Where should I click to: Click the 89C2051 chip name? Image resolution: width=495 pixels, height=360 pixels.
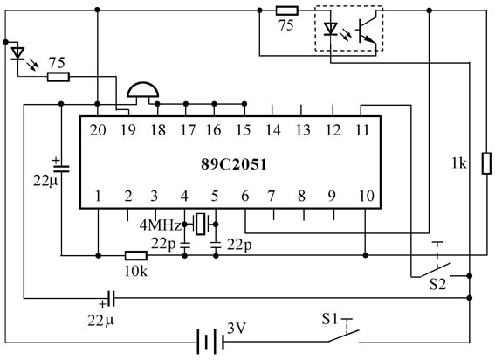[x=234, y=164]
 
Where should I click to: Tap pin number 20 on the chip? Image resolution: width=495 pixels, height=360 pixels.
[x=98, y=130]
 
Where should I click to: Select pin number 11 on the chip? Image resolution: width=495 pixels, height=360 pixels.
[x=361, y=130]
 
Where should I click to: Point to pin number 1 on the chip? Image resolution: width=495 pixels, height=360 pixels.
[x=98, y=197]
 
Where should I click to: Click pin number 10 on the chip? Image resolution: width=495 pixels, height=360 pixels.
[x=366, y=197]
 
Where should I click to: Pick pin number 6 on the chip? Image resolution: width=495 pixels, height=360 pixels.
[x=245, y=197]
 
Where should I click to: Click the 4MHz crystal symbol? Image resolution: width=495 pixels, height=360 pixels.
[x=200, y=224]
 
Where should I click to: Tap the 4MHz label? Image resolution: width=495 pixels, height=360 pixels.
[x=161, y=225]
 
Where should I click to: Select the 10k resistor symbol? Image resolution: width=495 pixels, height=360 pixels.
[x=136, y=255]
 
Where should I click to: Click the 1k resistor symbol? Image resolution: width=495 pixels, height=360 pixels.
[x=486, y=163]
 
